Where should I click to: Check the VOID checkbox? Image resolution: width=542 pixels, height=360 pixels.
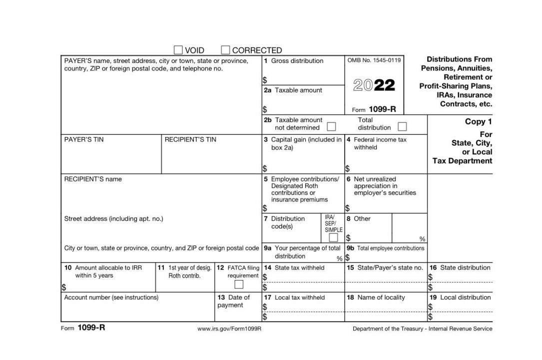tap(178, 50)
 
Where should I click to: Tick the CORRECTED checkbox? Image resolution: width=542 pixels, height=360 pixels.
tap(225, 50)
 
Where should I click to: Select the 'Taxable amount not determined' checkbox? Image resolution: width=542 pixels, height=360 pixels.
tap(331, 126)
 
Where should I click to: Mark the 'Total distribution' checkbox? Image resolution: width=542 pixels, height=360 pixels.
tap(402, 126)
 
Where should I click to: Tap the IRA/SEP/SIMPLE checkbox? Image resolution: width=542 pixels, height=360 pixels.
tap(333, 238)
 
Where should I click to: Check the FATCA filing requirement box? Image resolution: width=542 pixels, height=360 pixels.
tap(239, 284)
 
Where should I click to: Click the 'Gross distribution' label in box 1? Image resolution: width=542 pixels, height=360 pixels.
tap(297, 61)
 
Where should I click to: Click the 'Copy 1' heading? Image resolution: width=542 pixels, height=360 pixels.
tap(478, 122)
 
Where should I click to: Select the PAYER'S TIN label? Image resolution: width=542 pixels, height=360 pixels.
tap(84, 139)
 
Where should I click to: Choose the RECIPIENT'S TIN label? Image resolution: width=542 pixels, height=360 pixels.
tap(190, 139)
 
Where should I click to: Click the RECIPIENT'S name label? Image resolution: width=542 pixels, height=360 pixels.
tap(93, 179)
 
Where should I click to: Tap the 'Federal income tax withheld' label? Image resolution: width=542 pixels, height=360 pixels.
tap(380, 143)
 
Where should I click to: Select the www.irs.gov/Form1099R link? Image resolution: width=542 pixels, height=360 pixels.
tap(230, 329)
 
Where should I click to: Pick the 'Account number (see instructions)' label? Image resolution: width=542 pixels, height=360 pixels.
tap(111, 297)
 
